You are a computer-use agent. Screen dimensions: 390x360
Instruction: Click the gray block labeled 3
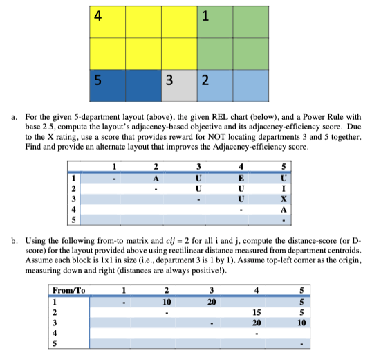coord(170,80)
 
